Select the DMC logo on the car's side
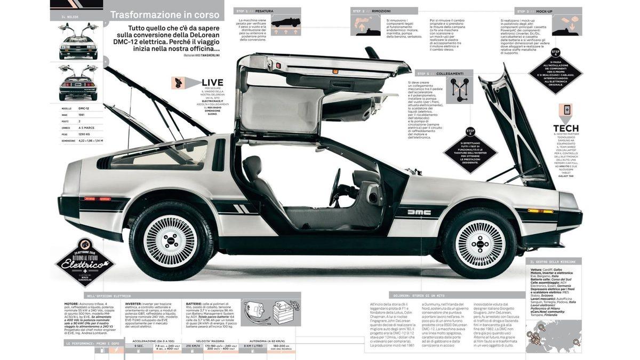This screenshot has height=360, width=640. tap(419, 212)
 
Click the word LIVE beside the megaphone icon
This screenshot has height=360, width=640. tap(212, 82)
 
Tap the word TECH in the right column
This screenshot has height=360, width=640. tap(566, 128)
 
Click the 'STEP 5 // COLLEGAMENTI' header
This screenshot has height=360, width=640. tap(440, 74)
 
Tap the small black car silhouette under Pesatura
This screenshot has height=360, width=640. tap(285, 23)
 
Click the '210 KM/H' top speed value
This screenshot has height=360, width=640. tap(192, 346)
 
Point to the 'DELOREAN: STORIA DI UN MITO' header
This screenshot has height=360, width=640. tap(419, 295)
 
